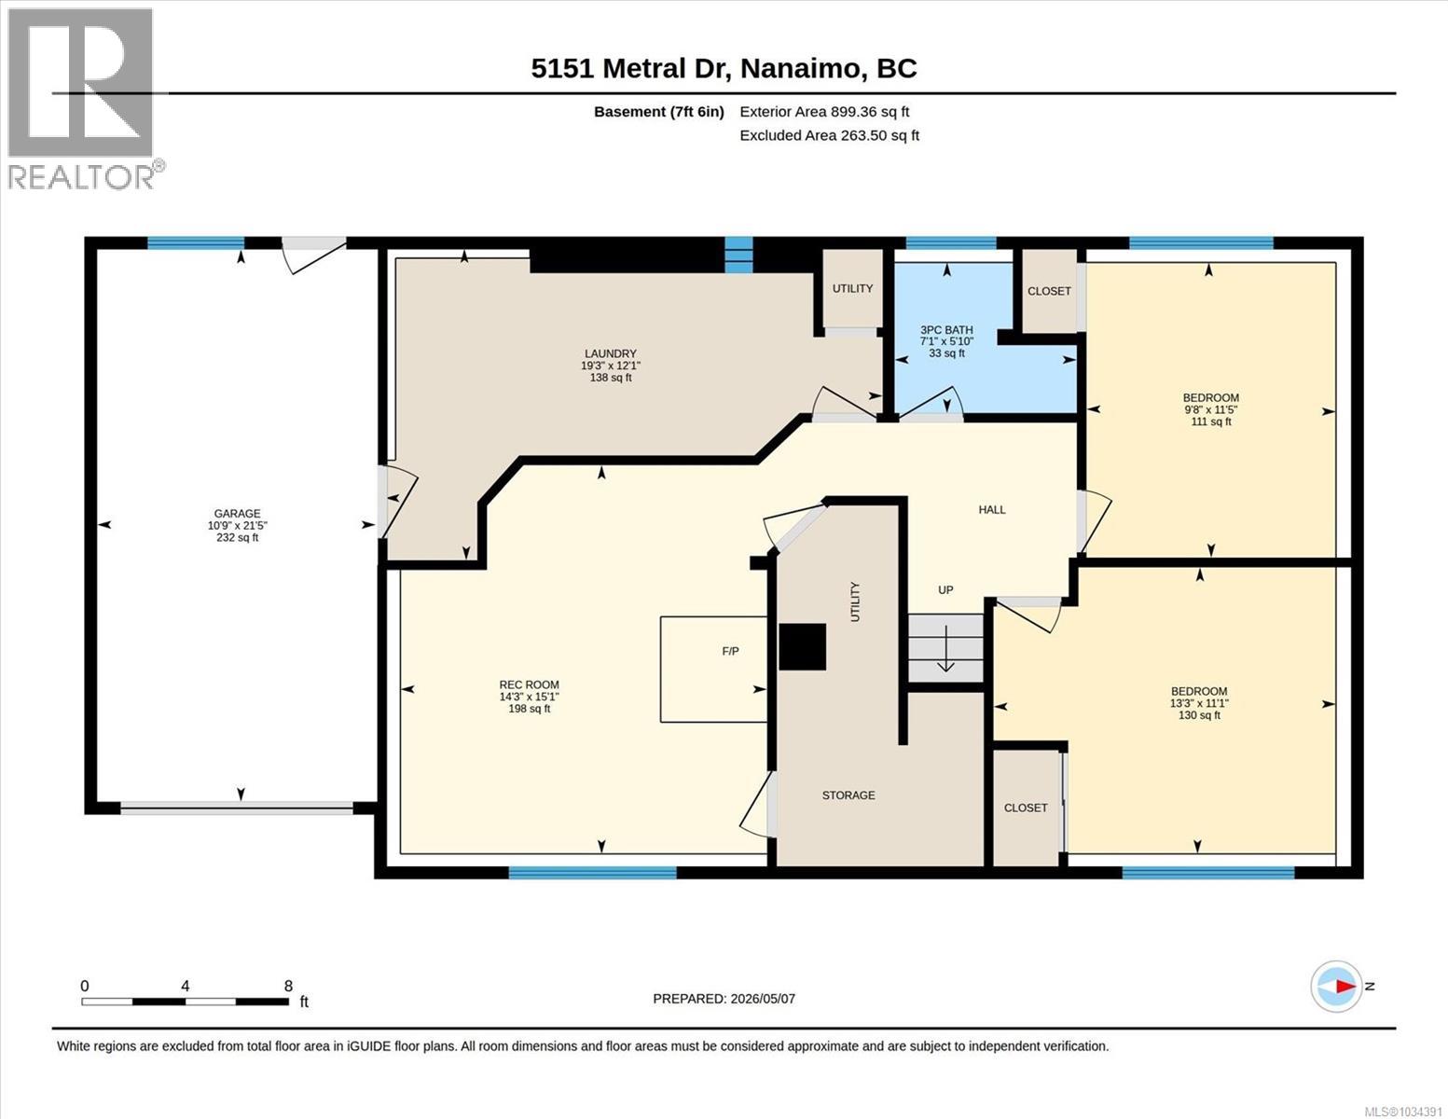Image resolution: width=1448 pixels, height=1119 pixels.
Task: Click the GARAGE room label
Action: coord(237,513)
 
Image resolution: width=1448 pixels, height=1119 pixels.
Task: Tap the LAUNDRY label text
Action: coord(611,353)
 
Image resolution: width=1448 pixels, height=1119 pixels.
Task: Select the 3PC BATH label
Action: coord(946,330)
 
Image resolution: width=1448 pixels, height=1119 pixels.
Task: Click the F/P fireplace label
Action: coord(730,651)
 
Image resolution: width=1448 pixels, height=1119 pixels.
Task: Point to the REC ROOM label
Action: coord(529,684)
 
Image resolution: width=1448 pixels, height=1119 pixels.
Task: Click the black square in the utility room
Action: coord(802,646)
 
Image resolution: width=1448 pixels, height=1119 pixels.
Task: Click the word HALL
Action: coord(991,510)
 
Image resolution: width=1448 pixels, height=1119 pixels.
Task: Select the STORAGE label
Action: coord(848,795)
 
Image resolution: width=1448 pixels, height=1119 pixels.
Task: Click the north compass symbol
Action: coord(1335,987)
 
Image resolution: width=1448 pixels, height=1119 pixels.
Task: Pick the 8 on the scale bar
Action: coord(288,987)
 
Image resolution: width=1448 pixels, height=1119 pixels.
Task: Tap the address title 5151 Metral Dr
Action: coord(627,69)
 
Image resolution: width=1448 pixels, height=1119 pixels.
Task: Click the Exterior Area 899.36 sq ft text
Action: coord(824,112)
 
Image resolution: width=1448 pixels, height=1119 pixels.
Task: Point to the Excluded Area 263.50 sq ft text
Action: coord(829,135)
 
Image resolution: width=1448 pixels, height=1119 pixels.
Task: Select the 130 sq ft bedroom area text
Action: coord(1199,715)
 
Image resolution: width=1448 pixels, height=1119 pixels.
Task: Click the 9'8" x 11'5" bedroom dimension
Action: coord(1210,410)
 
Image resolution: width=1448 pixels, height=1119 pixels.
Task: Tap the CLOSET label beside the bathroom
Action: coord(1049,291)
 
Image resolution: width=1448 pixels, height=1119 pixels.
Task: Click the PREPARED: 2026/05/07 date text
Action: coord(724,999)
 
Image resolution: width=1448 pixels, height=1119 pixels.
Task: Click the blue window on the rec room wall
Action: coord(592,873)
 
